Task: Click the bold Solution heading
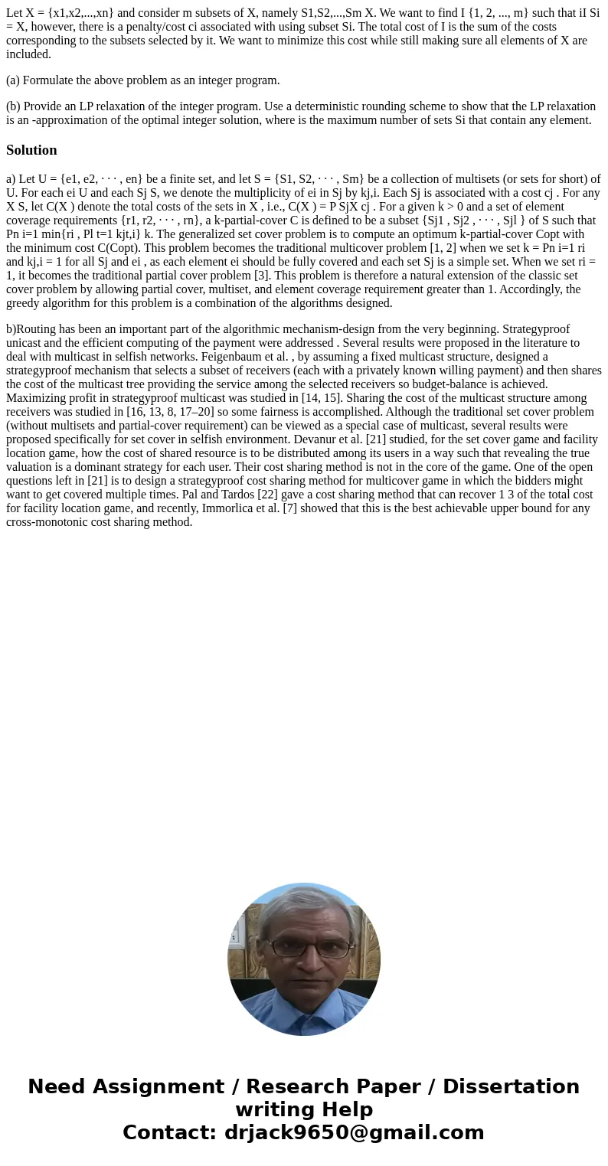[x=31, y=150]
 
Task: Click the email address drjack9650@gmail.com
[x=354, y=1132]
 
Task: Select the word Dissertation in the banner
[x=511, y=1086]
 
